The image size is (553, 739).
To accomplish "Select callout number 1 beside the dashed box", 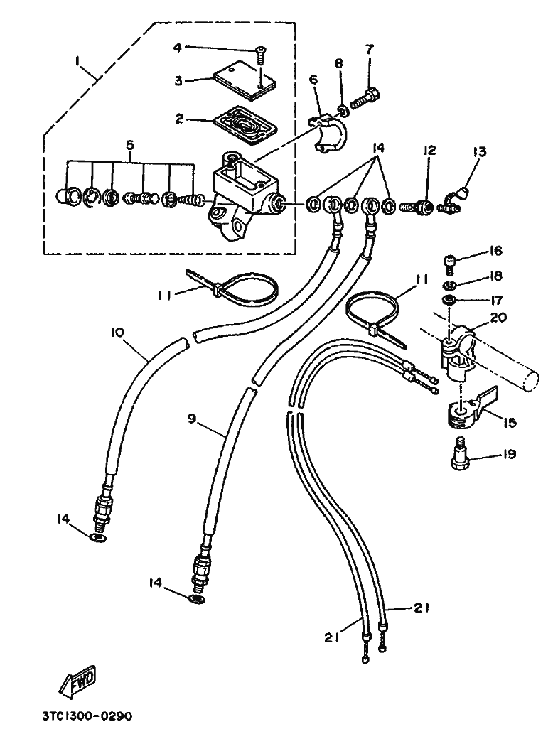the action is [77, 61].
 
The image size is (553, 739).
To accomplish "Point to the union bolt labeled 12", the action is [416, 207].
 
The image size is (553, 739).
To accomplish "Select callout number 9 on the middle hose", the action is [191, 419].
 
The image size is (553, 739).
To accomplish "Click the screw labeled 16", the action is [449, 265].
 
